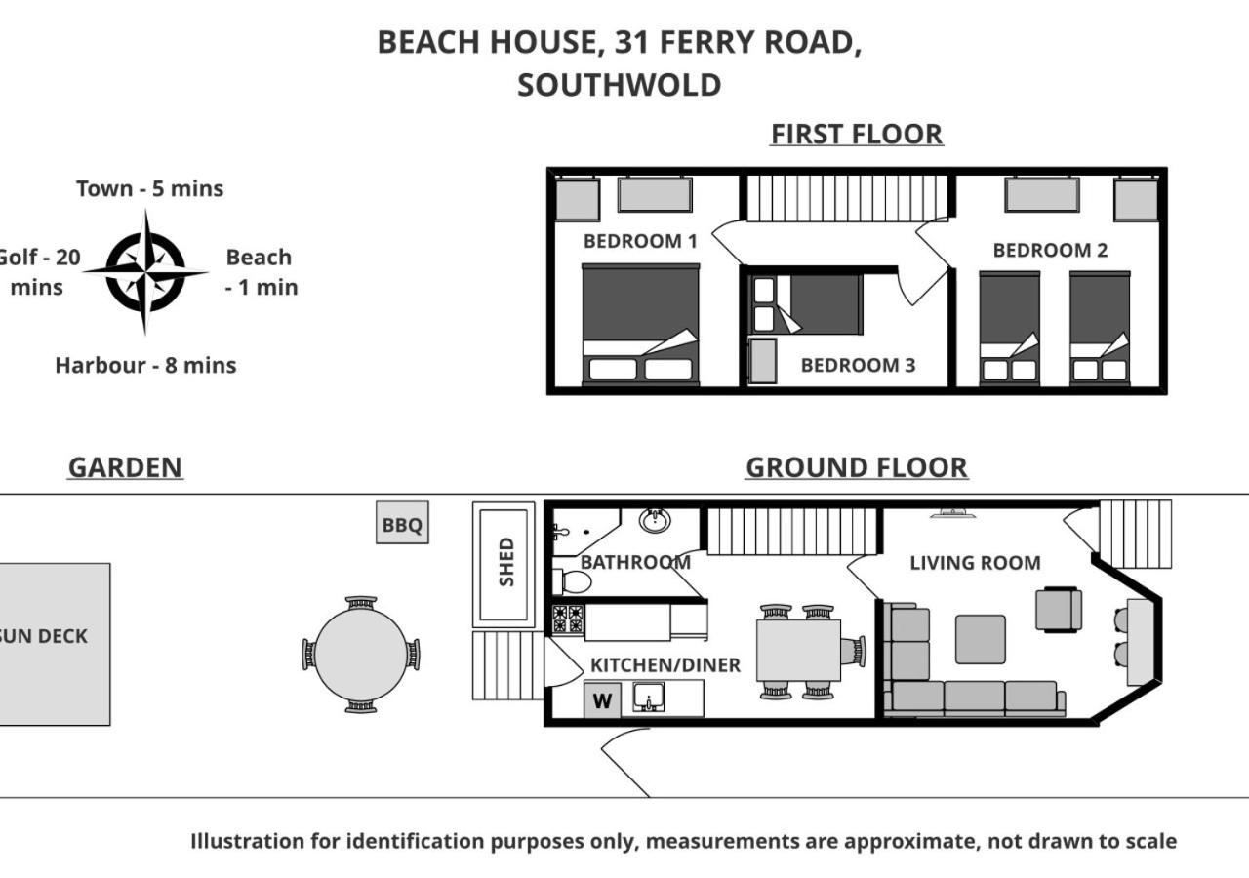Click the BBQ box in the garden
tap(402, 522)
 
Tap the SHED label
tap(506, 561)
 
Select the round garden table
tap(361, 655)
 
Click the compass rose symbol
tap(145, 272)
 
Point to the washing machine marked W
tap(602, 700)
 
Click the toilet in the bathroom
tap(572, 581)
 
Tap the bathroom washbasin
tap(655, 521)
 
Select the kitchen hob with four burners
tap(568, 619)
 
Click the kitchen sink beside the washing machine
tap(649, 698)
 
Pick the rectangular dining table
tap(798, 651)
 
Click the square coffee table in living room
tap(981, 639)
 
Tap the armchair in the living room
tap(1059, 610)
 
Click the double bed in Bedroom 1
tap(641, 325)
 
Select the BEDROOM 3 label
tap(858, 365)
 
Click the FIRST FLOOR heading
tap(857, 135)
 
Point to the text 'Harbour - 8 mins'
tap(145, 365)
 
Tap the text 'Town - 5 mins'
tap(149, 188)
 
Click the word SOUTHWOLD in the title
tap(619, 85)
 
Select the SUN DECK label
tap(44, 636)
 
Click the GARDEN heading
tap(125, 467)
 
